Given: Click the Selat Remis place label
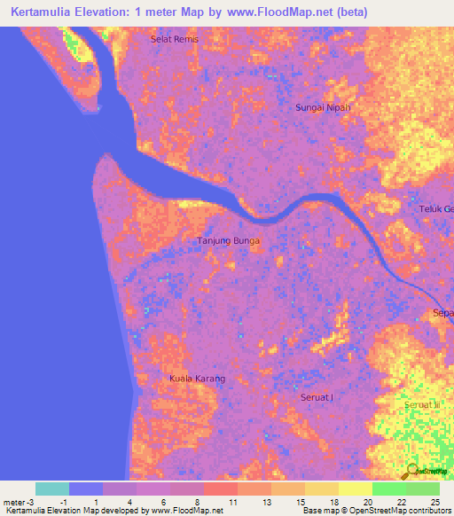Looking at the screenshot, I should (175, 40).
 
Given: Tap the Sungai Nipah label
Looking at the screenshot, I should (322, 107).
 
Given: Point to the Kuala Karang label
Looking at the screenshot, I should (197, 379).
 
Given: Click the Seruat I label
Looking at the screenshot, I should (317, 396).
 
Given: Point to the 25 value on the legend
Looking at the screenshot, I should (435, 502).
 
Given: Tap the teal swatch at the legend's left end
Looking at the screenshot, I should (52, 489).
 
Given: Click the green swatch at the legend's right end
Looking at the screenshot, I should (423, 489).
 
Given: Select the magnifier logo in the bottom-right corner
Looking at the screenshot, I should (413, 471).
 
